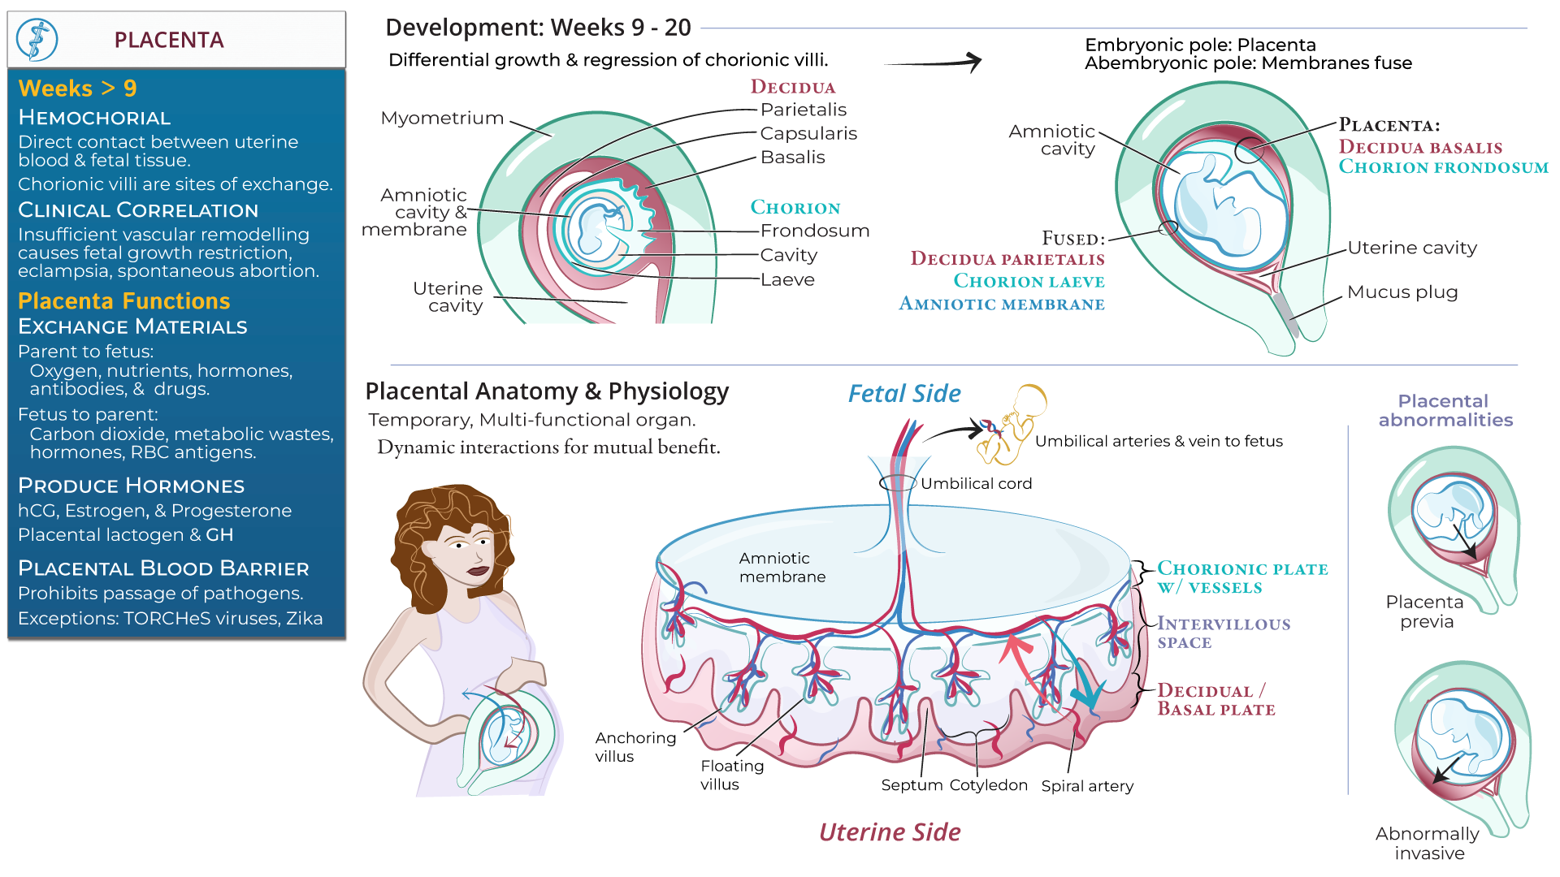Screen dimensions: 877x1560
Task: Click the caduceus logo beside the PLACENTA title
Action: tap(37, 40)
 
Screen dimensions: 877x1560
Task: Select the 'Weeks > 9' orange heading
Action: tap(77, 88)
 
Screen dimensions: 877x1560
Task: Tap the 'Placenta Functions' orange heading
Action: tap(123, 301)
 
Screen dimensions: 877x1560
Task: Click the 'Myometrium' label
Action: tap(442, 119)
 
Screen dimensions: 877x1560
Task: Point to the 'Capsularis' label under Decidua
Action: tap(808, 133)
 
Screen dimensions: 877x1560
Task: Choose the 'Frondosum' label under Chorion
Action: tap(814, 231)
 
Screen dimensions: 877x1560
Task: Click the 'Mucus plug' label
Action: tap(1402, 292)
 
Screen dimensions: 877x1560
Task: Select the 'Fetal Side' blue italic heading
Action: tap(903, 394)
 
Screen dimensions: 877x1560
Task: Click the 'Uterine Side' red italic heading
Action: tap(889, 832)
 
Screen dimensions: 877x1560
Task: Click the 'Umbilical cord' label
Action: tap(975, 484)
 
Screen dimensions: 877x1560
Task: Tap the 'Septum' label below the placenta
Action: tap(912, 785)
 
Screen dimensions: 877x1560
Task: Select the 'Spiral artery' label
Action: tap(1086, 786)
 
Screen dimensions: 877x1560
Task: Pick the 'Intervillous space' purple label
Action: tap(1223, 633)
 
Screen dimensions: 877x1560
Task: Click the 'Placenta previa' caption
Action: tap(1426, 611)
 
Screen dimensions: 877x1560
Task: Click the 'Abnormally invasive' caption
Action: tap(1428, 843)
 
